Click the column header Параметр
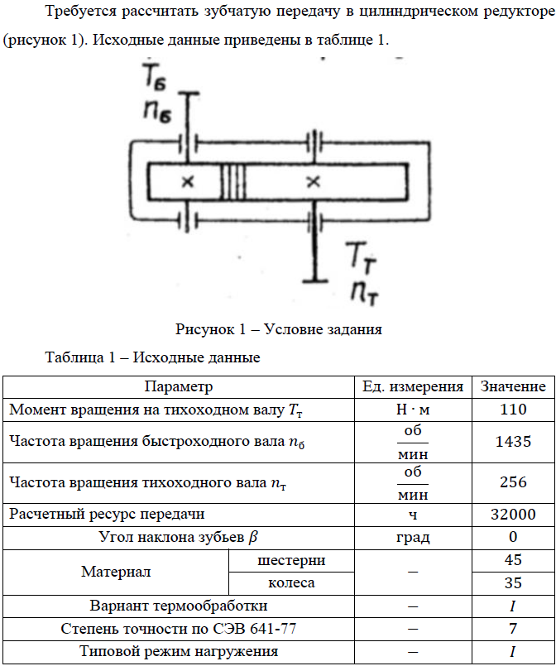tap(179, 386)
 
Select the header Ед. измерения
tap(414, 386)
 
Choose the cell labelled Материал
tap(116, 572)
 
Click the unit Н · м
tap(414, 409)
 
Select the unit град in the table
tap(414, 537)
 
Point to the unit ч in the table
tap(414, 515)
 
